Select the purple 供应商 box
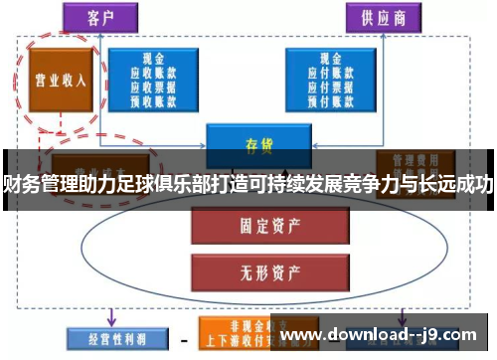point(382,17)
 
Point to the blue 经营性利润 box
point(107,337)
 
